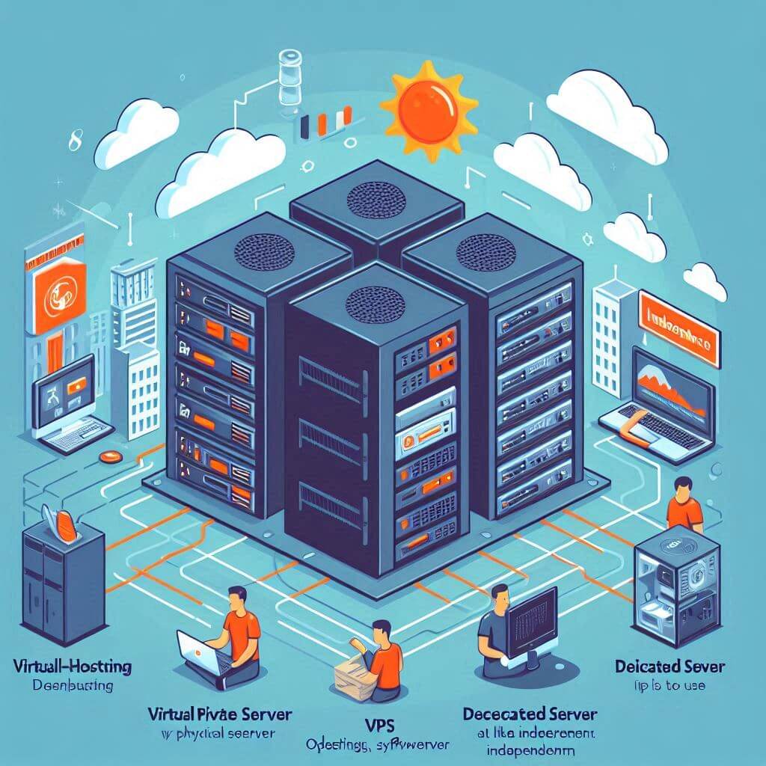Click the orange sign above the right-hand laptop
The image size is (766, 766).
678,325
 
